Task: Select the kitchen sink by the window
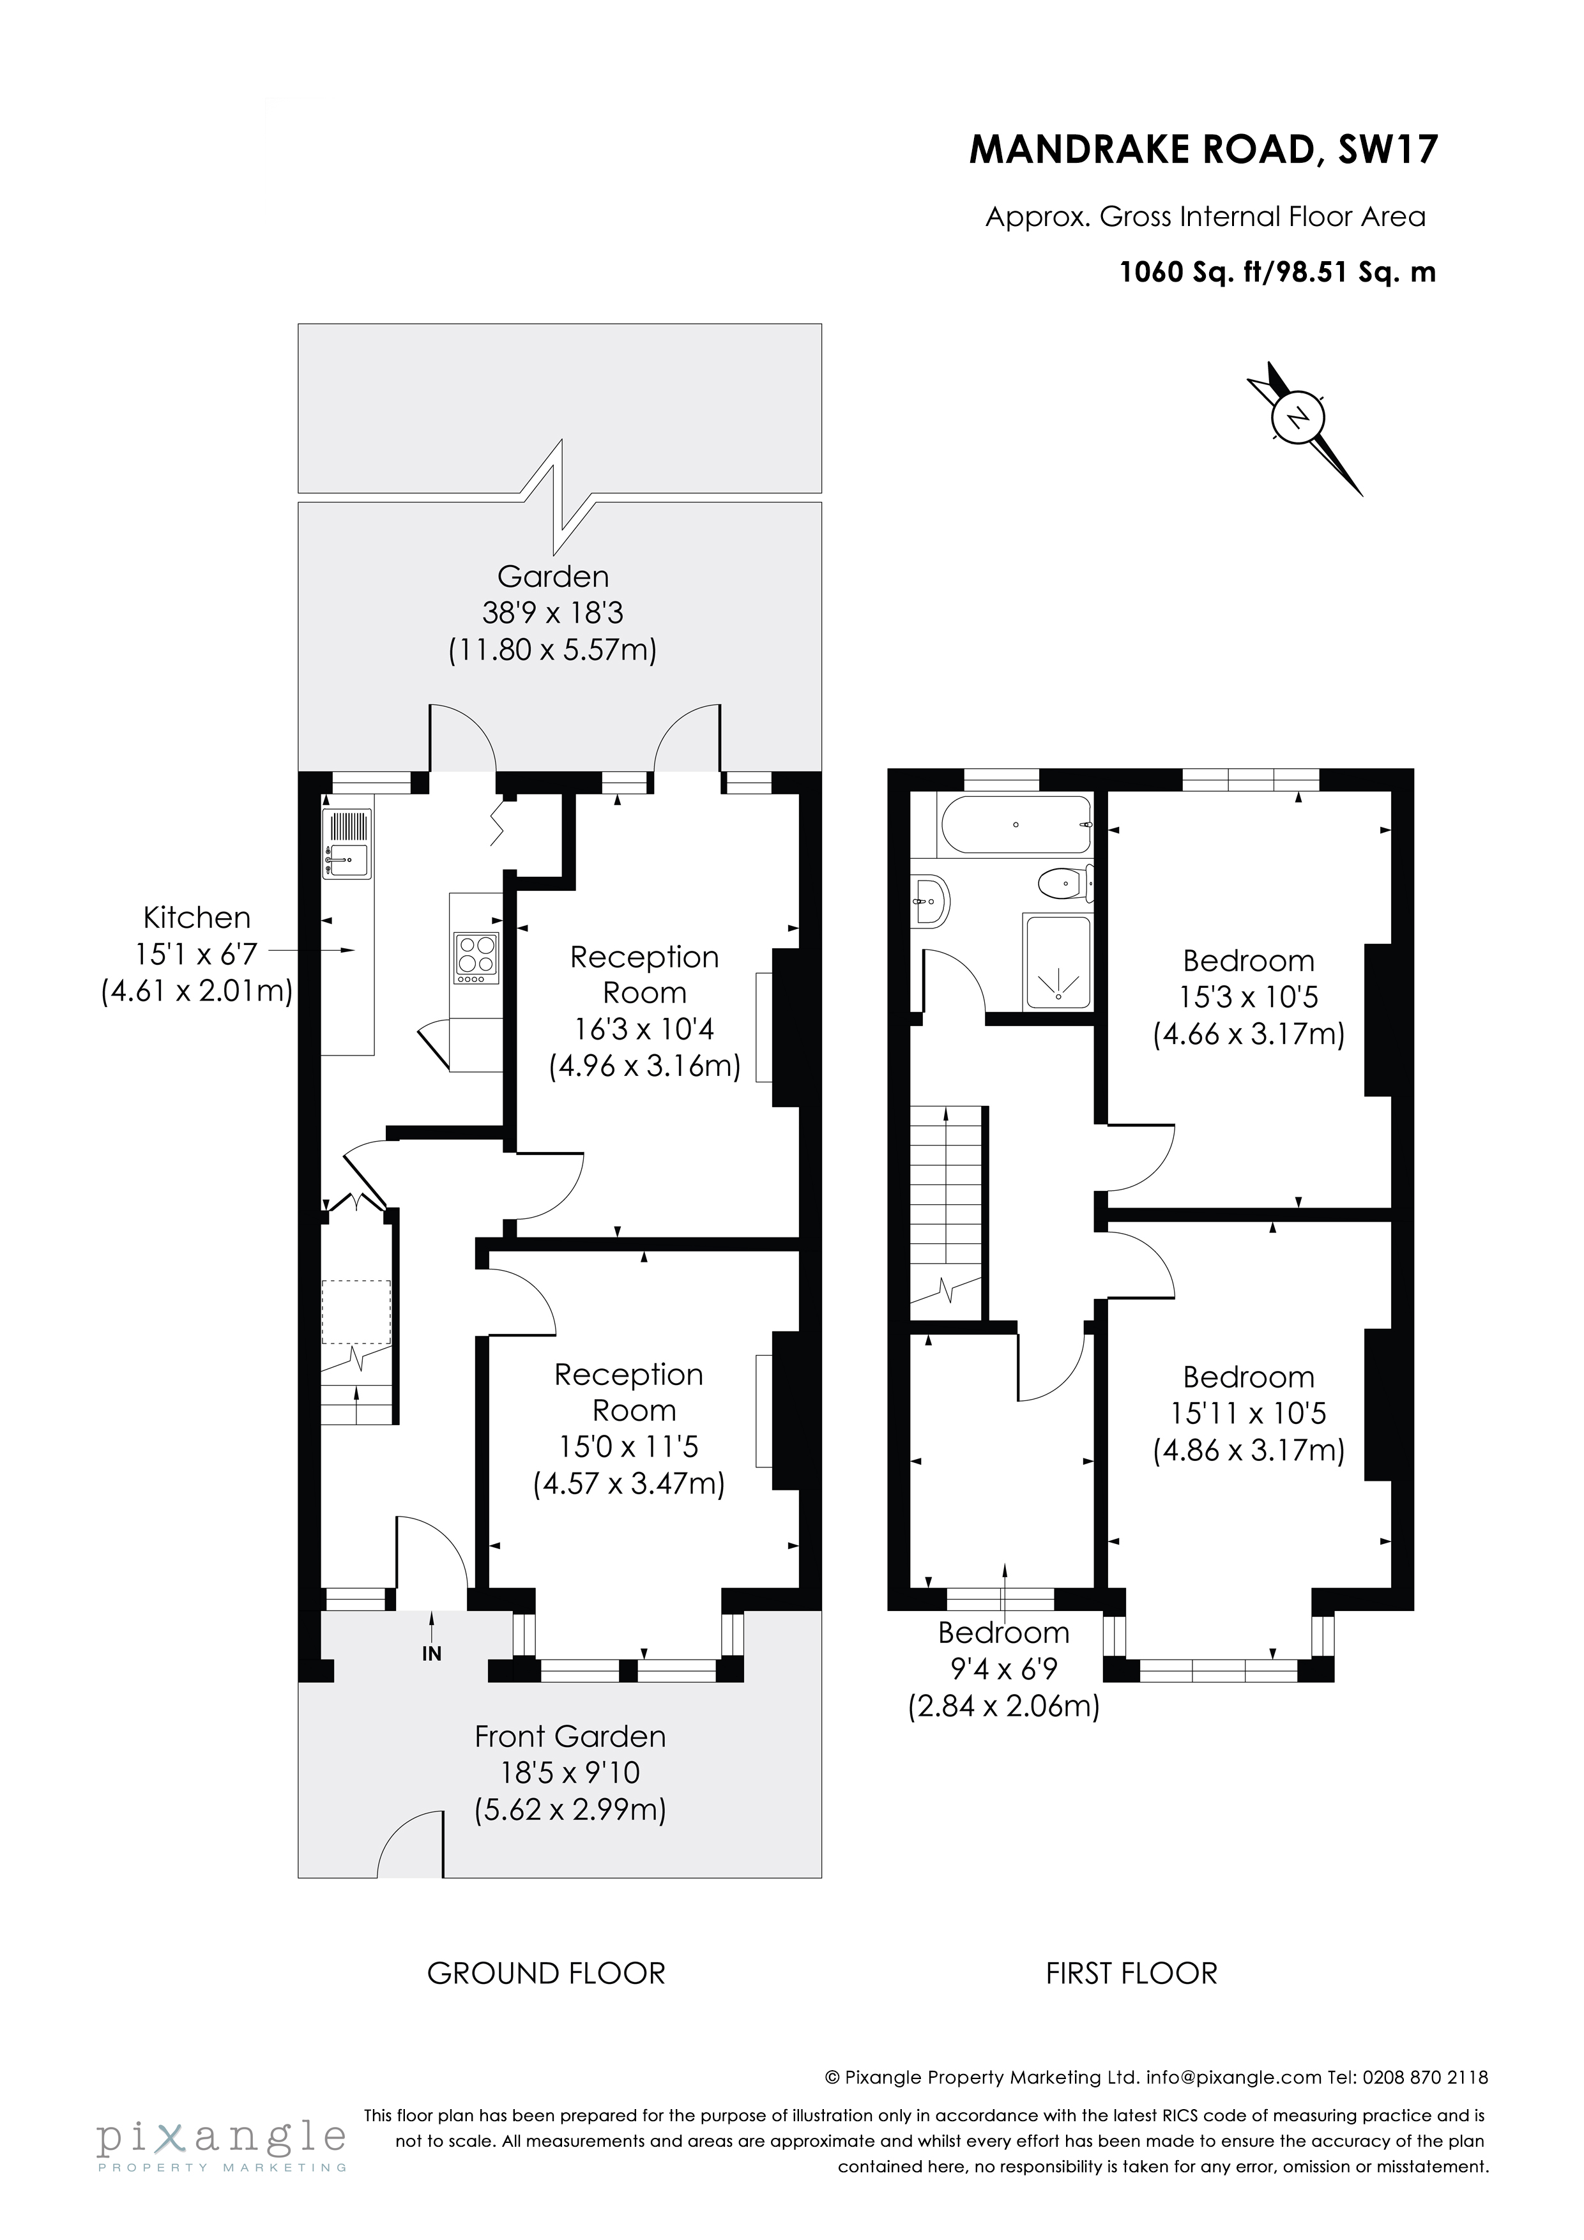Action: [x=347, y=844]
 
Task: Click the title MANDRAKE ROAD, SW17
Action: [x=1203, y=149]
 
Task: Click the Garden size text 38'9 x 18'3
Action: [x=552, y=613]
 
